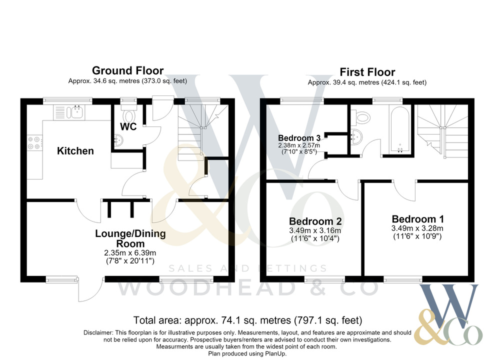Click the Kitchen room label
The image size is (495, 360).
tap(75, 151)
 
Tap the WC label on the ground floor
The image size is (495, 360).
tap(128, 126)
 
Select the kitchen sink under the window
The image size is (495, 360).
tap(69, 112)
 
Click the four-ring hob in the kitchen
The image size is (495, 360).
tap(34, 142)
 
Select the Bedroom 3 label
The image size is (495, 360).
tap(299, 138)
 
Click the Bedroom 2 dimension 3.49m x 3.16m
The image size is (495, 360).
tap(315, 230)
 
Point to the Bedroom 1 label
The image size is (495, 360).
tap(417, 219)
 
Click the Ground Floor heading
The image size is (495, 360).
tap(127, 70)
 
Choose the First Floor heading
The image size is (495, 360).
tap(367, 72)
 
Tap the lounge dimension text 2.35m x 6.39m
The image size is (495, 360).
tap(130, 253)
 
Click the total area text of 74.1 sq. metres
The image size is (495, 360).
tap(248, 320)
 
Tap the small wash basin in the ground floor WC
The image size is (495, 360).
tap(118, 140)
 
